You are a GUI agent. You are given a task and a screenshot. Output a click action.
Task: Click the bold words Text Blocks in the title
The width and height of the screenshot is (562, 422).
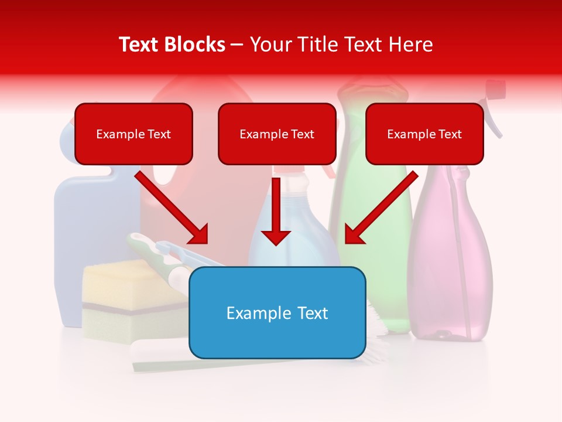172,45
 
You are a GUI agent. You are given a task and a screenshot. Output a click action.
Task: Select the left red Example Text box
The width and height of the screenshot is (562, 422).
133,134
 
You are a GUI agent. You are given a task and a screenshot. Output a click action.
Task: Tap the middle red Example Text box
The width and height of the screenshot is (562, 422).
277,134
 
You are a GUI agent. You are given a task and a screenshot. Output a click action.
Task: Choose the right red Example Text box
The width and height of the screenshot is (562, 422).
424,134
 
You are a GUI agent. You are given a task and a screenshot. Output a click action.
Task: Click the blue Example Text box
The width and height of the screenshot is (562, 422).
277,313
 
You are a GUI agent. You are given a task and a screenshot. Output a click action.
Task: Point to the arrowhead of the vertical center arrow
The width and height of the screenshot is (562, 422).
276,237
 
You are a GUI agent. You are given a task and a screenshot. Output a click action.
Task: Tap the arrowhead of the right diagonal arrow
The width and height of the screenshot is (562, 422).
353,235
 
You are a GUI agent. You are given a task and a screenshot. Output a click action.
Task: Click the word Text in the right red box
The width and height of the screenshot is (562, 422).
450,134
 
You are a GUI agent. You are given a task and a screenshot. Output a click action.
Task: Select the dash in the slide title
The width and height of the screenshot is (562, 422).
238,45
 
